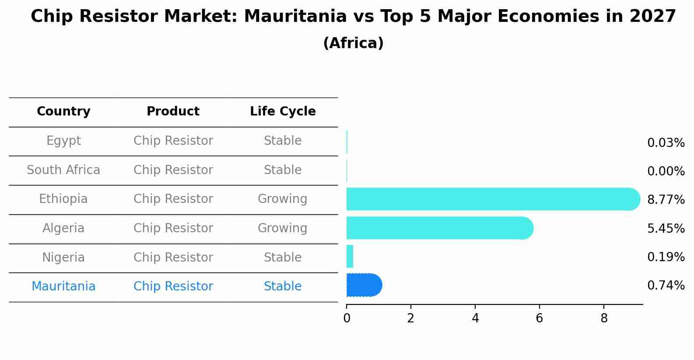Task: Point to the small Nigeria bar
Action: (350, 256)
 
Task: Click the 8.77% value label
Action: (666, 200)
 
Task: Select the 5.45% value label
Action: (666, 228)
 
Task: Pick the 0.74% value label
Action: (666, 286)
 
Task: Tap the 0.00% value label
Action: (666, 171)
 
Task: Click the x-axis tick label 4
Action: (475, 318)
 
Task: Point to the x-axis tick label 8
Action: (604, 318)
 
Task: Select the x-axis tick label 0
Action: (347, 318)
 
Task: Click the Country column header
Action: (63, 112)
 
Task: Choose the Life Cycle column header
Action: (283, 112)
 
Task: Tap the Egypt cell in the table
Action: (63, 141)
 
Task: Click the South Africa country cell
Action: (63, 170)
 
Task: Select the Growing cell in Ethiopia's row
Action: (282, 199)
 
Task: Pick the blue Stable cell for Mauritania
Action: (282, 287)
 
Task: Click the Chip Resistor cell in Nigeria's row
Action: (173, 257)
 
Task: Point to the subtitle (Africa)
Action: (353, 43)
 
